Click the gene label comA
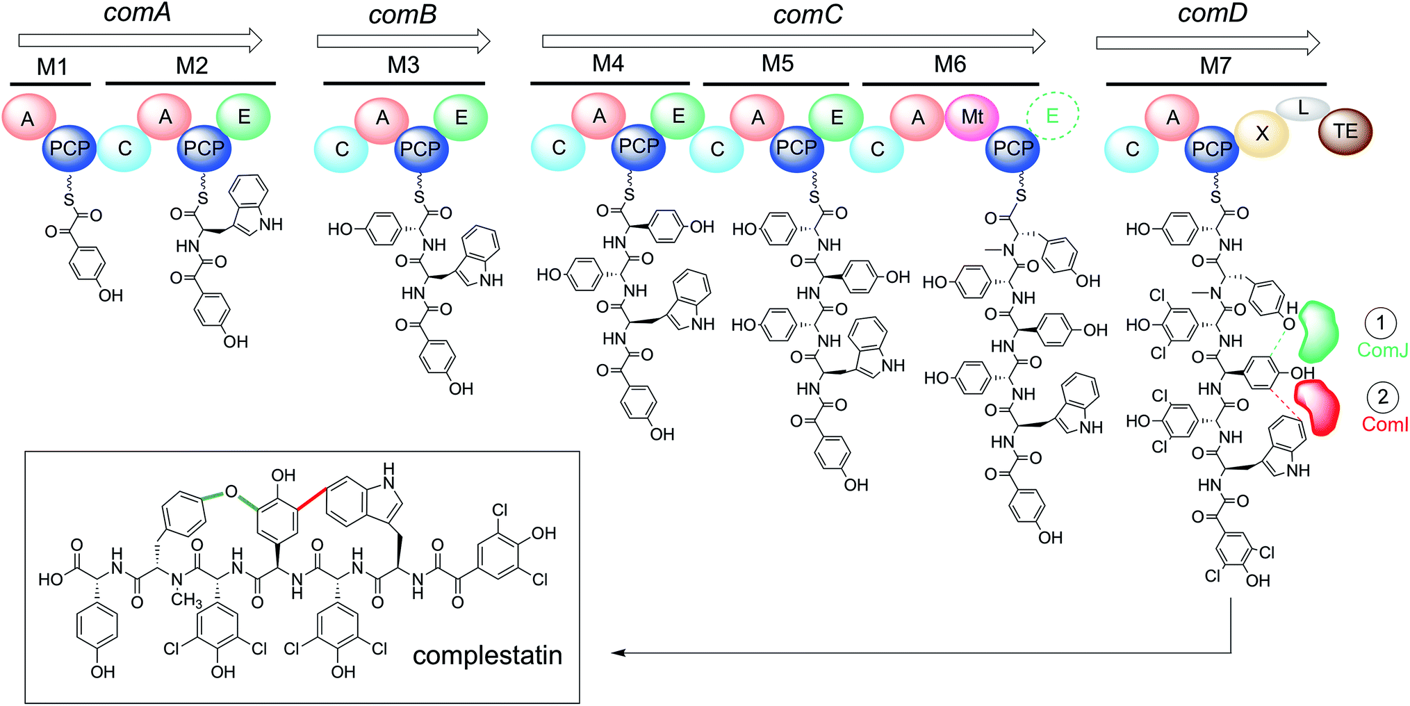[137, 13]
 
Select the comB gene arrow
[403, 41]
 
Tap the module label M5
[777, 64]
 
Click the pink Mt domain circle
[972, 117]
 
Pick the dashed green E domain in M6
[1052, 115]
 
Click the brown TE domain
[1345, 131]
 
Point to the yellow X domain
[1262, 133]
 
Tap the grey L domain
[1302, 108]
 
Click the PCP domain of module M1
[69, 149]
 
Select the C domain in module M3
[341, 149]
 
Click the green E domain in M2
[243, 117]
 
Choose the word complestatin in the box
[487, 655]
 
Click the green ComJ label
[1382, 350]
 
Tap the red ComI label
[1384, 424]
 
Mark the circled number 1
[1380, 322]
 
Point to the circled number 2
[1382, 397]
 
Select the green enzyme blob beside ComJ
[1318, 332]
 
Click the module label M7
[1215, 66]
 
